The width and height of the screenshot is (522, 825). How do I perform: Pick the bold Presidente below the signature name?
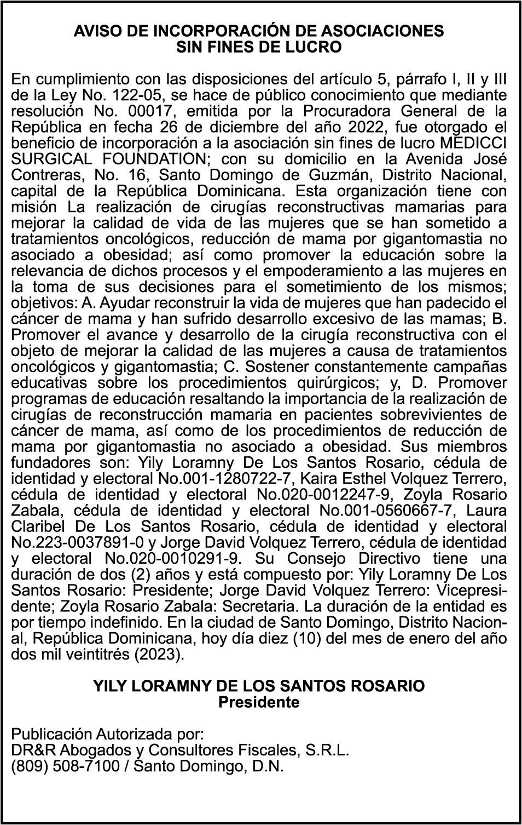pos(259,702)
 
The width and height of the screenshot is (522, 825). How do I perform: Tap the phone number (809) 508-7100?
pos(65,766)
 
